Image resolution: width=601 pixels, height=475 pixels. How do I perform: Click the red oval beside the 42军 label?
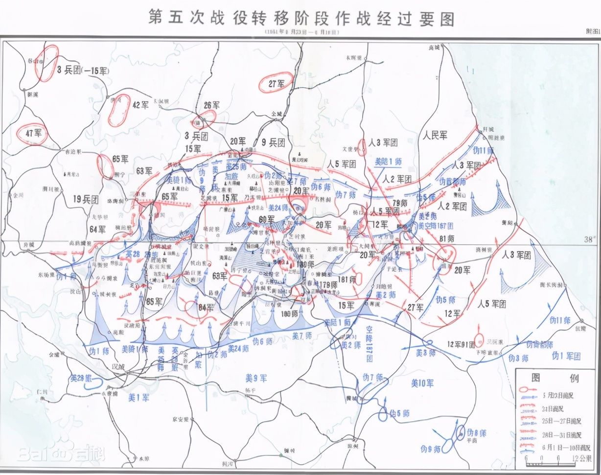(117, 111)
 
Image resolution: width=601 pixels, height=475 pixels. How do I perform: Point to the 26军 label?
(211, 105)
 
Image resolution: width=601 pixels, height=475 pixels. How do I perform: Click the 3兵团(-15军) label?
(82, 70)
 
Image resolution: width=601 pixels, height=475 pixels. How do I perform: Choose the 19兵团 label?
(85, 199)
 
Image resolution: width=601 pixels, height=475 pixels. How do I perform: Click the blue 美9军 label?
(256, 378)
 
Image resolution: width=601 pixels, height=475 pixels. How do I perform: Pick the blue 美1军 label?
(139, 398)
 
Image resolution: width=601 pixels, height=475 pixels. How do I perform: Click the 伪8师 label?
(476, 433)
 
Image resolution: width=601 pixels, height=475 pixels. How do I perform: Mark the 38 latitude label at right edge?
(587, 239)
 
